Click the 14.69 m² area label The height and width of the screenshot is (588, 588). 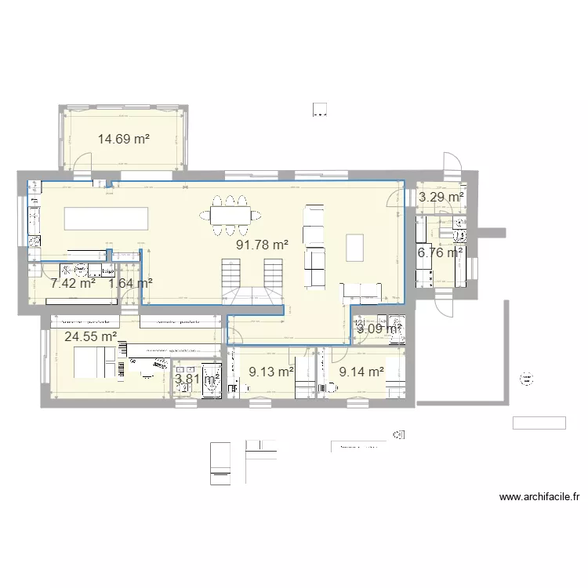(x=124, y=140)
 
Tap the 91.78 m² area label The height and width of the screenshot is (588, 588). (x=263, y=245)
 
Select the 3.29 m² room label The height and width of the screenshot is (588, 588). (x=441, y=198)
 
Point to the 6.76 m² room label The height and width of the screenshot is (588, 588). (x=441, y=252)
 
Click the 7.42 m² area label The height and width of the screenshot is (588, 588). (x=73, y=283)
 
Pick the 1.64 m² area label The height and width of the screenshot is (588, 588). (x=130, y=283)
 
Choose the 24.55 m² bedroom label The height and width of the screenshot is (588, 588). (x=91, y=337)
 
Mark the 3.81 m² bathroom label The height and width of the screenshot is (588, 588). (x=197, y=379)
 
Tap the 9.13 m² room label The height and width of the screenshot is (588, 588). (x=270, y=372)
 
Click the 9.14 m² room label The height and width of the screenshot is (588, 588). (x=361, y=372)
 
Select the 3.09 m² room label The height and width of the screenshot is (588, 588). (x=379, y=328)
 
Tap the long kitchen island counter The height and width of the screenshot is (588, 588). (x=107, y=218)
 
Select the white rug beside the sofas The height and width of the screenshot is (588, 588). (x=355, y=248)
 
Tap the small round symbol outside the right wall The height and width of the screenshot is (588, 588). (x=525, y=379)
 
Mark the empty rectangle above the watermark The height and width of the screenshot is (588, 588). (x=539, y=423)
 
